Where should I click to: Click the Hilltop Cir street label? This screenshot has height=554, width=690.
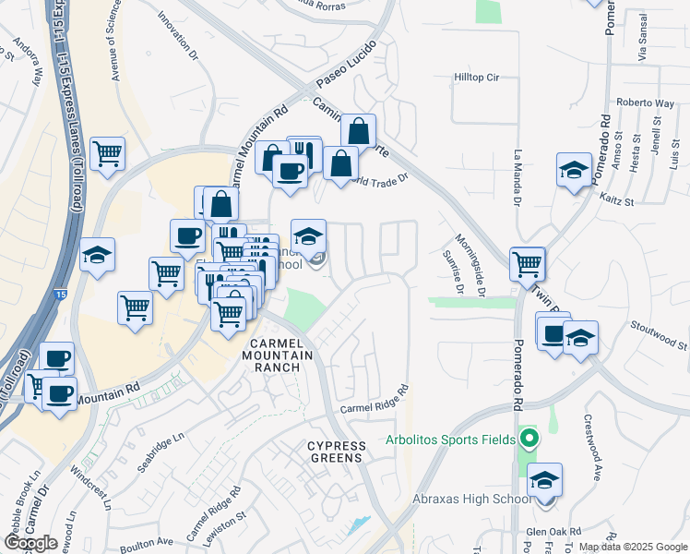pyautogui.click(x=476, y=78)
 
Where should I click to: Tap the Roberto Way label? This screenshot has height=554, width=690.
pyautogui.click(x=642, y=102)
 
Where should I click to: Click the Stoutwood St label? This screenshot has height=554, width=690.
pyautogui.click(x=658, y=334)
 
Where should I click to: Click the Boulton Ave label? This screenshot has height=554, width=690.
pyautogui.click(x=152, y=541)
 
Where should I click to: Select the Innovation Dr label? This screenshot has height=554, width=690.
pyautogui.click(x=178, y=35)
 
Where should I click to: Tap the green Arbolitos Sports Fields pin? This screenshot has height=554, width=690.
pyautogui.click(x=529, y=439)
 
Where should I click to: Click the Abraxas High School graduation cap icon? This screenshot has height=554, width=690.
pyautogui.click(x=545, y=479)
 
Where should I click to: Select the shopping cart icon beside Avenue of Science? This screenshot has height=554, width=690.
pyautogui.click(x=108, y=153)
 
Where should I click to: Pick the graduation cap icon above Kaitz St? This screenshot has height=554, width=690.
pyautogui.click(x=574, y=170)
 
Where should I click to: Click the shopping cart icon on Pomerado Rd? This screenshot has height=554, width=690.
pyautogui.click(x=527, y=263)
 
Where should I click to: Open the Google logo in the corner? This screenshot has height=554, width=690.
pyautogui.click(x=30, y=542)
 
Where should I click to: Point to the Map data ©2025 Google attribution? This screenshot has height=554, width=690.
pyautogui.click(x=632, y=547)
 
